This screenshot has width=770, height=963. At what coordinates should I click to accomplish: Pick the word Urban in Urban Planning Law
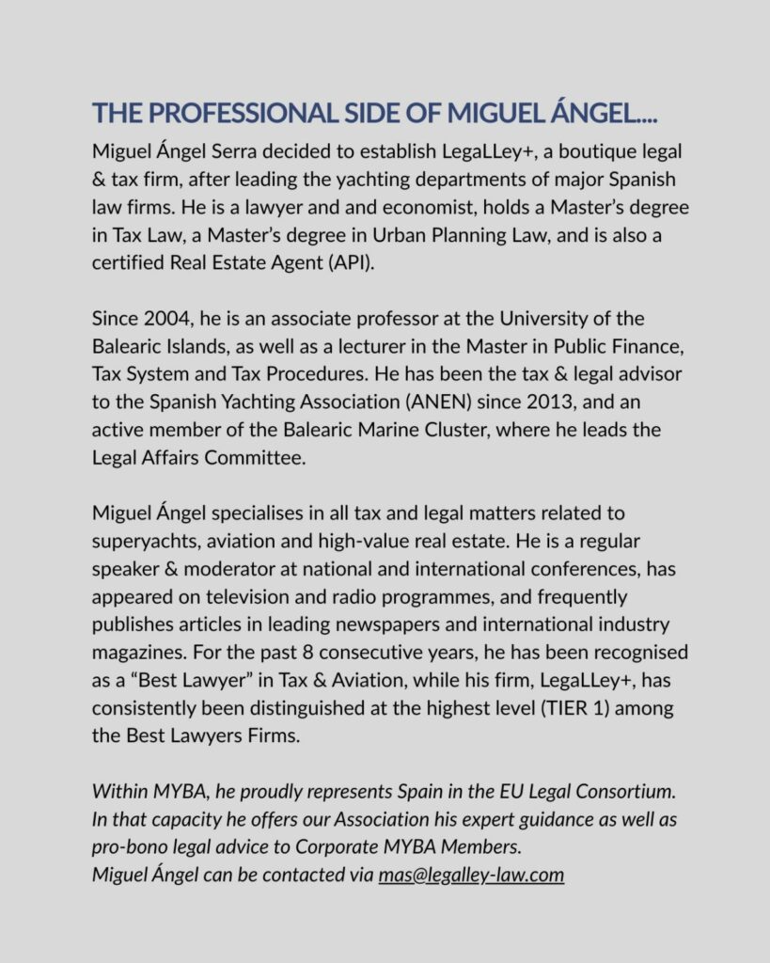(x=384, y=235)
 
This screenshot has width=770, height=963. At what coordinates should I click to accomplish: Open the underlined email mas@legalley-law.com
(x=471, y=876)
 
